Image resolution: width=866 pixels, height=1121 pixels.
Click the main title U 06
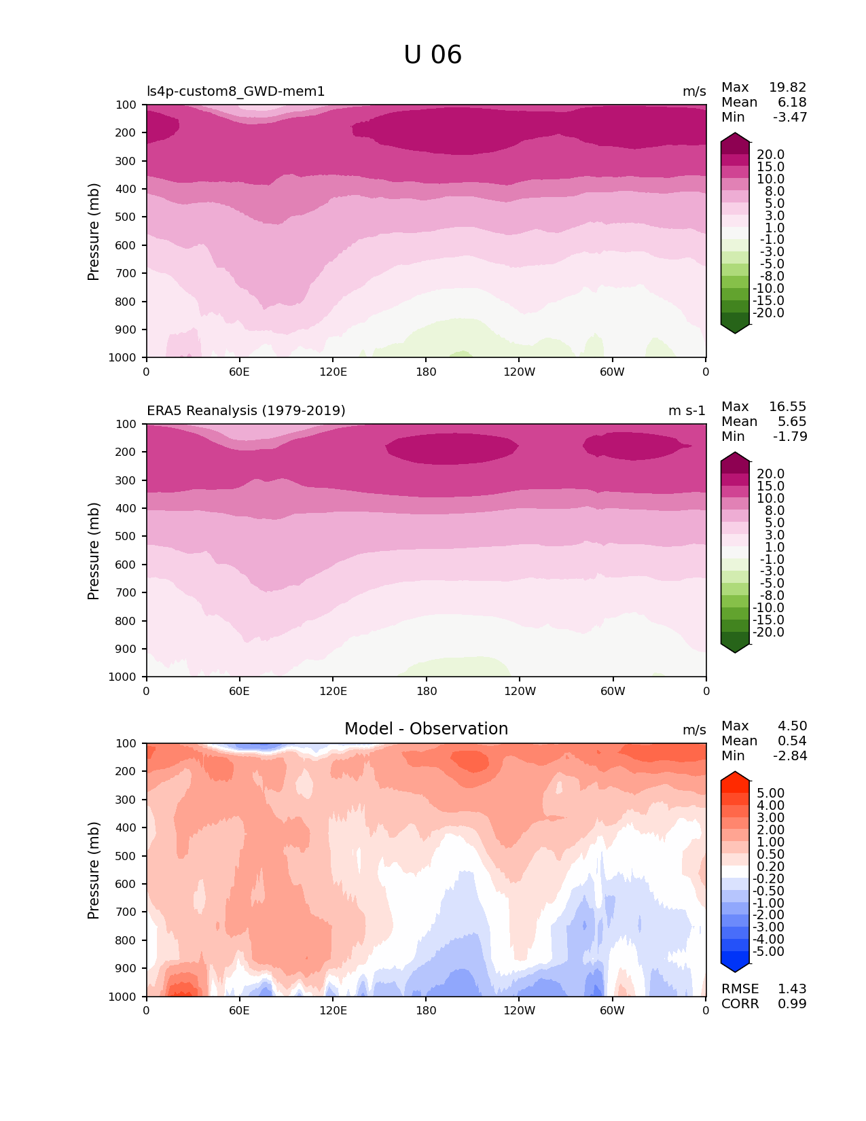(433, 55)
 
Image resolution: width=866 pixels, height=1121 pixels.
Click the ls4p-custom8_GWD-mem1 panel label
(236, 92)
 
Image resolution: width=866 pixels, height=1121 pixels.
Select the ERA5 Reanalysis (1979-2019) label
(246, 411)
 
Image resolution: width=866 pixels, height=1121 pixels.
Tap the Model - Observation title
(426, 729)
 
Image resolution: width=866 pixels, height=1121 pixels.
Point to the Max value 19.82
(787, 88)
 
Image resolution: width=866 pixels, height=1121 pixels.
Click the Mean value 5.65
(792, 422)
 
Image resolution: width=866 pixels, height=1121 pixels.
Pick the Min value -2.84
(790, 756)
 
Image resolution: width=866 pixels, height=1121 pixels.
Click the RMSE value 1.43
(792, 989)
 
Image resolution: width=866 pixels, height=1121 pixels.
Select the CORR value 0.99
(792, 1004)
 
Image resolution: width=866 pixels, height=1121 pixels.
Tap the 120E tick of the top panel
(333, 372)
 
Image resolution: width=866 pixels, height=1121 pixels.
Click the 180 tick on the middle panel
(426, 691)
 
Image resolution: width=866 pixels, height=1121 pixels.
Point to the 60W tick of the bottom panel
(612, 1010)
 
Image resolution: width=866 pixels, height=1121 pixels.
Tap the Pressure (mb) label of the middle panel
(94, 551)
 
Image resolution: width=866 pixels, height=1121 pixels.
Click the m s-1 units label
(687, 411)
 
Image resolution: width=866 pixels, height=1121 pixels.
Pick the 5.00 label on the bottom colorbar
(770, 794)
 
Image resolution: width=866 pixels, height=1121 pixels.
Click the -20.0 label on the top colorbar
(768, 313)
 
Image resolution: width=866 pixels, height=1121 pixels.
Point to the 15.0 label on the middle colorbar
(770, 486)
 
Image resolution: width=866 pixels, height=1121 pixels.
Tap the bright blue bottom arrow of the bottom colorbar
(735, 963)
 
